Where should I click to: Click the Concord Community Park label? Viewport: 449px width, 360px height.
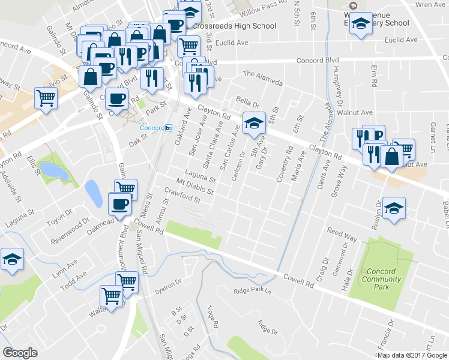pos(381,279)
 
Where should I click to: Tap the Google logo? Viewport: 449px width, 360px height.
pos(20,353)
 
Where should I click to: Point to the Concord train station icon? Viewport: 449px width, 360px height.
pos(169,128)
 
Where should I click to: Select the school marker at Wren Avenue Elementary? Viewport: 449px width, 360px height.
pos(361,25)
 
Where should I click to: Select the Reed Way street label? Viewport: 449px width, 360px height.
pos(342,235)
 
